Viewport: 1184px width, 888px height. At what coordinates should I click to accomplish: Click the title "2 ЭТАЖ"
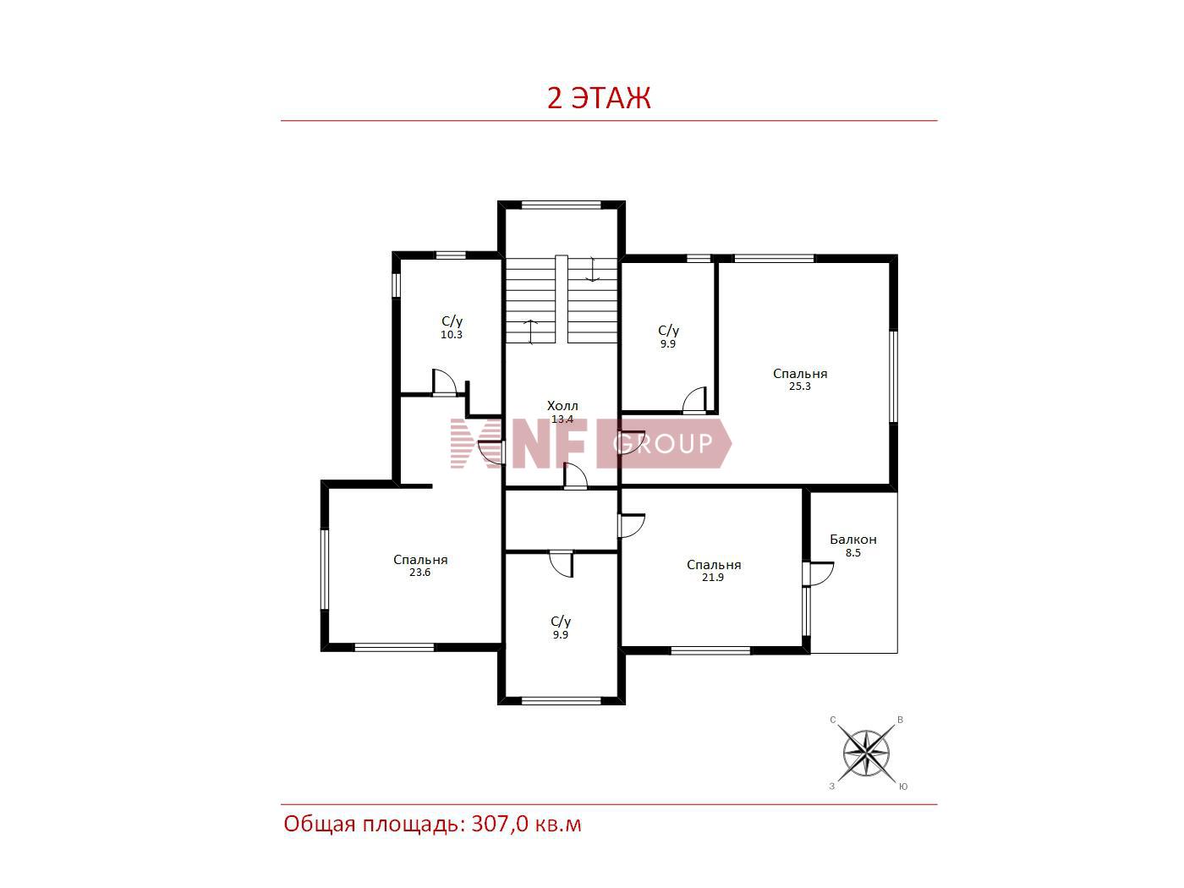pos(599,98)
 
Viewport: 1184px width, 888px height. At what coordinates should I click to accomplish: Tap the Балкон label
pos(852,540)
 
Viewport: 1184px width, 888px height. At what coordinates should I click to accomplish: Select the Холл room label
pos(562,405)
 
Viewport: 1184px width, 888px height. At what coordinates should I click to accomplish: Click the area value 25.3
pos(799,386)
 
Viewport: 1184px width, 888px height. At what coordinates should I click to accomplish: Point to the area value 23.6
pos(419,572)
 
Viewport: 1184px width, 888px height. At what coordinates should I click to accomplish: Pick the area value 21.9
pos(713,577)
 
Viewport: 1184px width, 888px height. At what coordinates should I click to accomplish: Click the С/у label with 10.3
pos(452,321)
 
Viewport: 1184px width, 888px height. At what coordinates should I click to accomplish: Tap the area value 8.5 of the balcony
pos(852,552)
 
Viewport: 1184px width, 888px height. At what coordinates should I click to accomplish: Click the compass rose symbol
pos(866,753)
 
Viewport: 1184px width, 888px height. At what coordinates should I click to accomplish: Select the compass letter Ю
pos(903,787)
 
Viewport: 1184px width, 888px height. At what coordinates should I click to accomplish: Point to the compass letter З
pos(832,787)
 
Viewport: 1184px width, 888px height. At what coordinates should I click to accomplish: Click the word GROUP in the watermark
pos(662,444)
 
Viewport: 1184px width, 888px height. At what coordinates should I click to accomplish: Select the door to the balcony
pos(818,573)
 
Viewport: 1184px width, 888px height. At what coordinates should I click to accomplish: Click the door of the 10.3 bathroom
pos(445,382)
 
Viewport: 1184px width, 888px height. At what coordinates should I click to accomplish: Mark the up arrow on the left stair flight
pos(531,332)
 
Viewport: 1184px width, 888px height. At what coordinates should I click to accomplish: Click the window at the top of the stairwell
pos(561,205)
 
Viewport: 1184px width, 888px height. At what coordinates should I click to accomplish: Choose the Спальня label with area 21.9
pos(714,564)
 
